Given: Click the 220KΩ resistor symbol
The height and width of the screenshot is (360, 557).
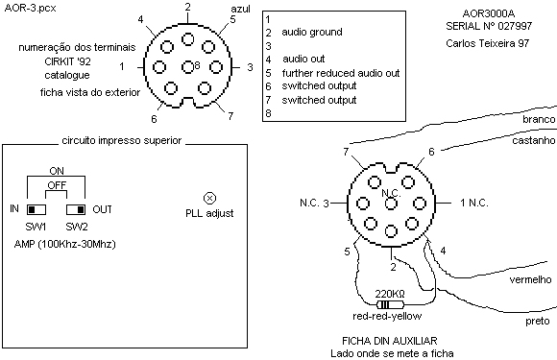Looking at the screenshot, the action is pyautogui.click(x=390, y=304).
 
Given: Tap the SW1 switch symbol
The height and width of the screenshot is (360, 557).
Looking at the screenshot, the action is pyautogui.click(x=36, y=209).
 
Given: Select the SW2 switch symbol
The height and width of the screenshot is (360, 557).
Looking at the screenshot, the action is pyautogui.click(x=76, y=209).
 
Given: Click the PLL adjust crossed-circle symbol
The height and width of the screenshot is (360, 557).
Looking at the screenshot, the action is pyautogui.click(x=209, y=198).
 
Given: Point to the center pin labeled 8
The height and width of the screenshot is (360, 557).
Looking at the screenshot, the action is pyautogui.click(x=187, y=67).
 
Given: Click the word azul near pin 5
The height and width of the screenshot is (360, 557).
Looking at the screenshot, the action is pyautogui.click(x=240, y=9).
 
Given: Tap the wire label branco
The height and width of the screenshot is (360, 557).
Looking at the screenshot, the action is pyautogui.click(x=539, y=119).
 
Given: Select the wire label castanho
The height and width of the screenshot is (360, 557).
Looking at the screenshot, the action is pyautogui.click(x=534, y=140).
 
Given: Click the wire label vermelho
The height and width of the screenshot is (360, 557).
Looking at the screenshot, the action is pyautogui.click(x=530, y=279).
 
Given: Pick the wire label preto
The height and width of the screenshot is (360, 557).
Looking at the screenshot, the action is pyautogui.click(x=538, y=322).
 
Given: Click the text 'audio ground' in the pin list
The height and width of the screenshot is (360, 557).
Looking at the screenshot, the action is pyautogui.click(x=312, y=33).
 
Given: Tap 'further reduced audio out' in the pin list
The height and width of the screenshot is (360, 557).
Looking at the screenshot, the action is pyautogui.click(x=341, y=73).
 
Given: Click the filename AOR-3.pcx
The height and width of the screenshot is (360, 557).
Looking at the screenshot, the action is pyautogui.click(x=30, y=9).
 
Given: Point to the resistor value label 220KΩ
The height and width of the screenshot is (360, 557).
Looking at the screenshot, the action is pyautogui.click(x=390, y=294).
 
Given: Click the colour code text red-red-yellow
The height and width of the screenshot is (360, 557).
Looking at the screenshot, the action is pyautogui.click(x=387, y=316).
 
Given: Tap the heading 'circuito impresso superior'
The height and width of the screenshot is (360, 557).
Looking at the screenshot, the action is pyautogui.click(x=122, y=140).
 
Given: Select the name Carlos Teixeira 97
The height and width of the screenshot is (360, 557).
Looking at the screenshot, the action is pyautogui.click(x=488, y=43).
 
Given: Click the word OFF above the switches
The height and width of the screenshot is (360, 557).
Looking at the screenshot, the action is pyautogui.click(x=57, y=185).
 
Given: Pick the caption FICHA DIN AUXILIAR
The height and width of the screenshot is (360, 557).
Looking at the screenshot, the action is pyautogui.click(x=389, y=341).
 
